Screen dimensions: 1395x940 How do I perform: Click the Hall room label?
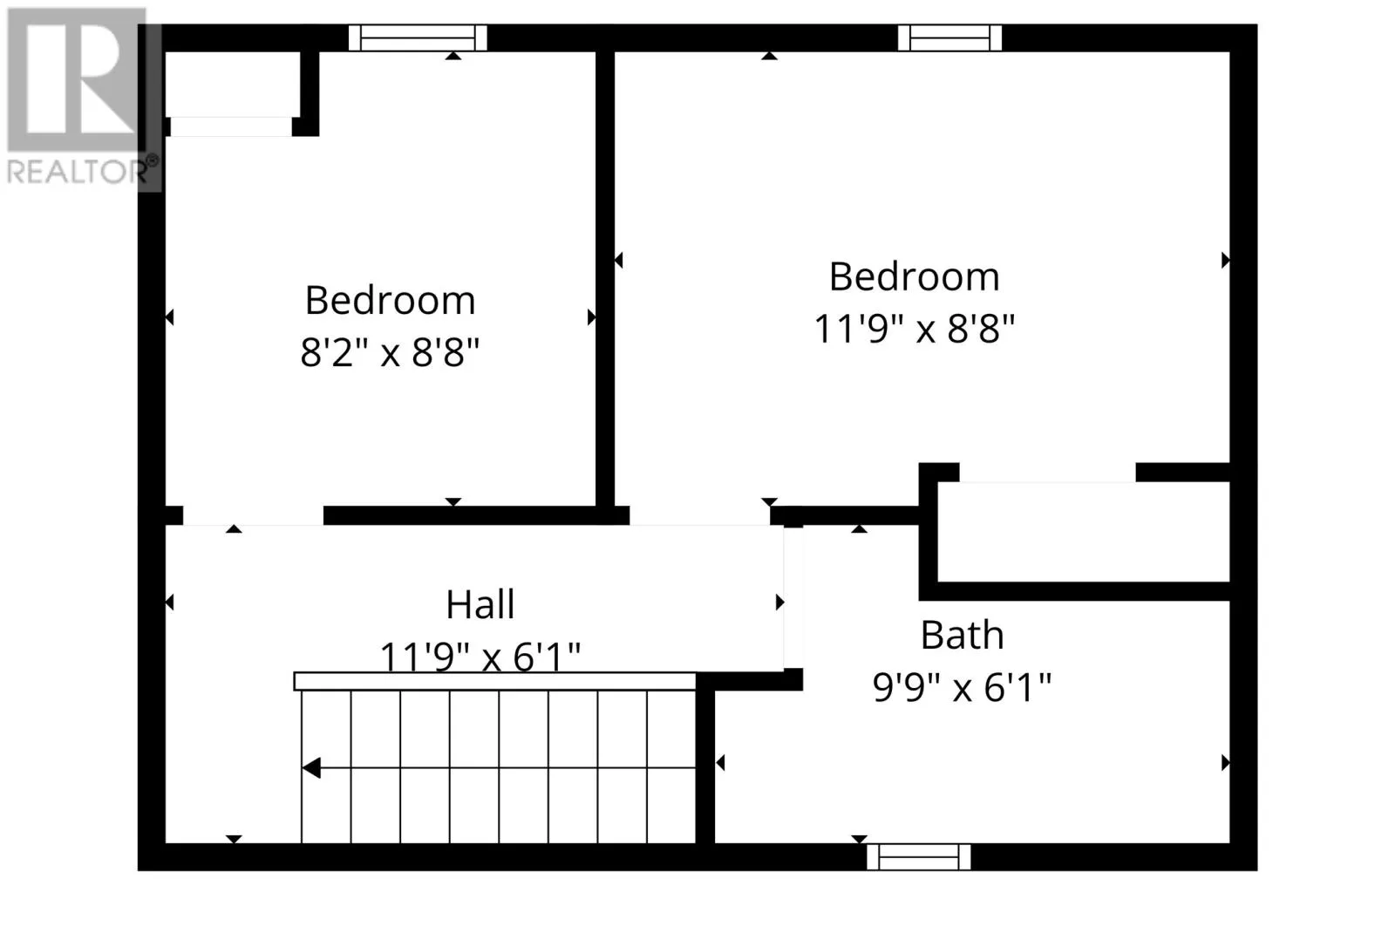click(x=480, y=604)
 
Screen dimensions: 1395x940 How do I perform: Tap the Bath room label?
click(x=963, y=636)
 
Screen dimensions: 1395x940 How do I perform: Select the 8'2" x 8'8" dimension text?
click(x=390, y=352)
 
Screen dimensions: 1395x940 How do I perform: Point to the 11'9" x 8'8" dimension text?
click(x=915, y=328)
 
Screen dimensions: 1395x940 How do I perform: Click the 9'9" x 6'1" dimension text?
click(x=963, y=688)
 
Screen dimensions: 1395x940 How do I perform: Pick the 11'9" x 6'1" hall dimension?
click(x=480, y=657)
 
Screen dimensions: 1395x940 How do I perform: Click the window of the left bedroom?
click(x=418, y=38)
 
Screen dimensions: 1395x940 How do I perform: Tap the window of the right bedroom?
click(x=949, y=38)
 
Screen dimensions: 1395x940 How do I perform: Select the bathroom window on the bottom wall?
click(x=919, y=857)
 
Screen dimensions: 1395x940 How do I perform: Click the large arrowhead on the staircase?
click(x=311, y=768)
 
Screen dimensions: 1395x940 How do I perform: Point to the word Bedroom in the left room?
click(x=390, y=300)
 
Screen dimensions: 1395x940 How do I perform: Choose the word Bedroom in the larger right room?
click(x=915, y=276)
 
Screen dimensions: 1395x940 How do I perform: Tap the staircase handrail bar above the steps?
click(x=494, y=682)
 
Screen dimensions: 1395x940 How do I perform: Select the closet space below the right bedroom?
click(x=1084, y=532)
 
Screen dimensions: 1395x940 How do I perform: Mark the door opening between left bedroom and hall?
click(x=253, y=516)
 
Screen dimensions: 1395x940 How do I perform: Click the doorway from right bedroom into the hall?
click(x=700, y=516)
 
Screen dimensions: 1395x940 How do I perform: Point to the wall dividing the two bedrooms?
click(x=605, y=279)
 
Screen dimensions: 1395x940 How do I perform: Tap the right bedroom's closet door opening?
click(x=1047, y=473)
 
